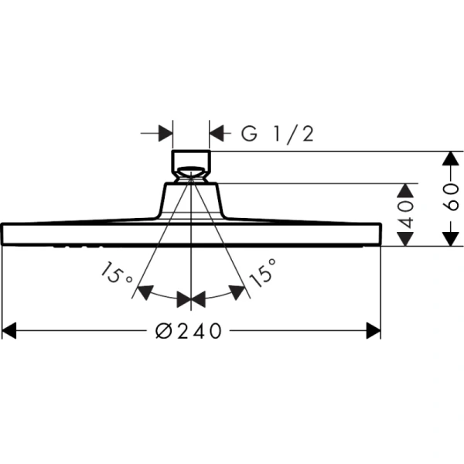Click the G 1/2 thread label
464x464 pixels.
coord(277,134)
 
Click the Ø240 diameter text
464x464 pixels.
coord(189,331)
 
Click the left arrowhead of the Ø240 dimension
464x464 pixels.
coord(9,331)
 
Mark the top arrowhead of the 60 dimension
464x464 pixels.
coord(447,158)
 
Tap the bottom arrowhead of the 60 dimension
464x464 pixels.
coord(447,238)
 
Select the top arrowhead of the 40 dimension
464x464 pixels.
coord(405,190)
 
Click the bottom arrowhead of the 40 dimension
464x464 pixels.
coord(405,238)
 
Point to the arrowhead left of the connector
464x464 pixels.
coord(165,134)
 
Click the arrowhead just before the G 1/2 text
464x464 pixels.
coord(217,134)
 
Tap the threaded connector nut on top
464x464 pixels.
coord(190,164)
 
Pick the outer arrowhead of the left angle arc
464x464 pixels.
coord(142,292)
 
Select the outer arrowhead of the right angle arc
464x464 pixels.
coord(239,292)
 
